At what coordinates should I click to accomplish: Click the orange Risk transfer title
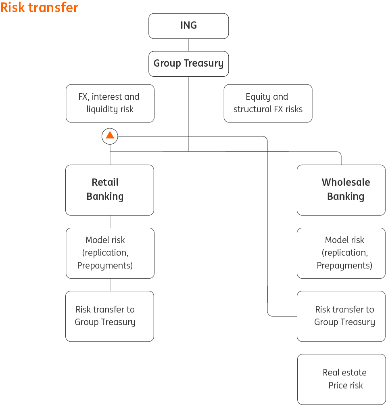coord(39,7)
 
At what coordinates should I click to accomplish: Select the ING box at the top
coord(188,26)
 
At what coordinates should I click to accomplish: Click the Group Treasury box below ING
coord(188,63)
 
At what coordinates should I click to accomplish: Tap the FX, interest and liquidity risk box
coord(110,103)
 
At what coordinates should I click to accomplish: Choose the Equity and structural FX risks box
coord(268,103)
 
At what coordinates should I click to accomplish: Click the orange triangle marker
coord(110,136)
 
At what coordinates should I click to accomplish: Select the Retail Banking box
coord(110,190)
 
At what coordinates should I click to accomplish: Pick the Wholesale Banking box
coord(341,190)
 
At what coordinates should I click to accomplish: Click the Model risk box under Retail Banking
coord(110,253)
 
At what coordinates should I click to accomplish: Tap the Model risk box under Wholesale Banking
coord(341,253)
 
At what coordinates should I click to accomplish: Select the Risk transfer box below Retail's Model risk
coord(110,316)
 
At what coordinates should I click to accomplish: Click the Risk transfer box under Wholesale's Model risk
coord(341,316)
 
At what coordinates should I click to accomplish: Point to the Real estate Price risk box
coord(341,379)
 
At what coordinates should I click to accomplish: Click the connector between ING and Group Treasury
coord(188,45)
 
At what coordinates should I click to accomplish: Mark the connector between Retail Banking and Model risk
coord(110,221)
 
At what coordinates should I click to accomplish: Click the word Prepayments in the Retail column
coord(105,265)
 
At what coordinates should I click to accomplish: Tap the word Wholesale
coord(346,182)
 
